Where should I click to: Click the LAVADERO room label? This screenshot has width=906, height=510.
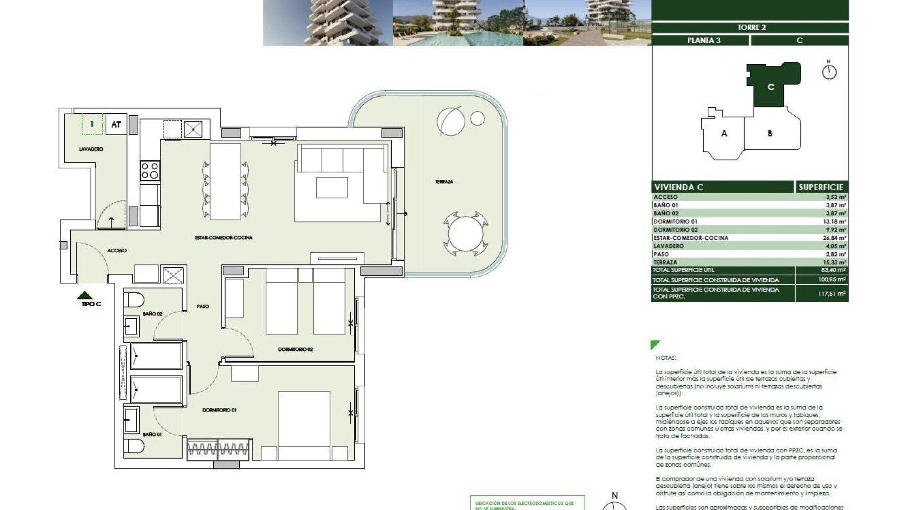(x=91, y=149)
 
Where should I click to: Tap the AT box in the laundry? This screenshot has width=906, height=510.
(x=116, y=125)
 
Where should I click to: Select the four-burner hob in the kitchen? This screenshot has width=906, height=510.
(x=150, y=170)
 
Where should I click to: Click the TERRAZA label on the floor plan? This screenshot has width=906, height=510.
(x=444, y=182)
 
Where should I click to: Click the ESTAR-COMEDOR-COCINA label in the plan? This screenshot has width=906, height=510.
(x=224, y=238)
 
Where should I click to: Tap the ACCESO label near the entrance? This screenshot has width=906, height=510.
(x=117, y=251)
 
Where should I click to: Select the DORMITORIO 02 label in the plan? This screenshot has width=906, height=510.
(x=295, y=349)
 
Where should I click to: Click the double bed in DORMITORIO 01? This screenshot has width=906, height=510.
(x=303, y=425)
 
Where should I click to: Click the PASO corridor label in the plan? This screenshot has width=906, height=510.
(x=202, y=306)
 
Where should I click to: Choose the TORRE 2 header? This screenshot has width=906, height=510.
(x=751, y=27)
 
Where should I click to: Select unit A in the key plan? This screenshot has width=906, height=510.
(x=724, y=134)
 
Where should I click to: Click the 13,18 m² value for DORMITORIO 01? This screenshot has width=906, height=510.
(x=834, y=221)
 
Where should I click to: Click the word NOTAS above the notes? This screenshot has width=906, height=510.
(x=665, y=358)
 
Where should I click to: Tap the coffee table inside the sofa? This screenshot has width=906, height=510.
(x=332, y=187)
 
